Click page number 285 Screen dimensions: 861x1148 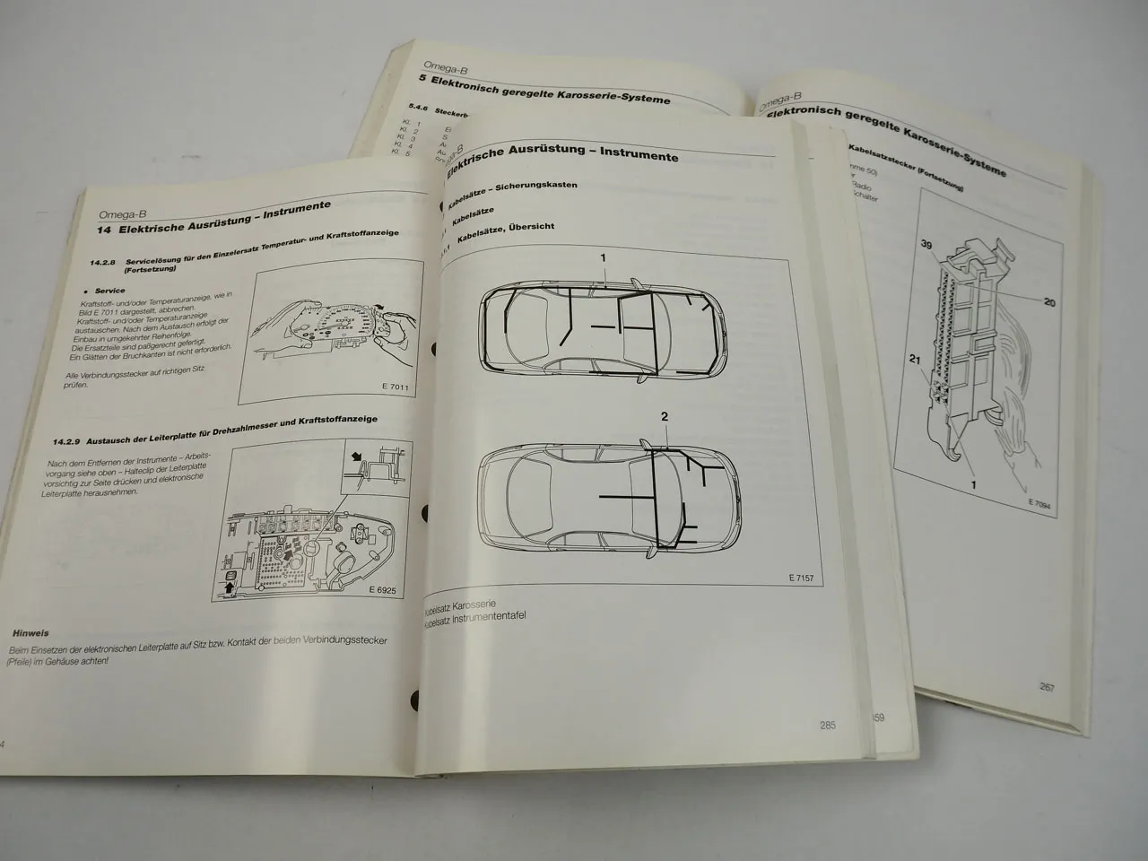tap(826, 725)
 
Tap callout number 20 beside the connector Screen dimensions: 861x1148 tap(1049, 303)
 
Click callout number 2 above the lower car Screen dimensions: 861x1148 tap(665, 416)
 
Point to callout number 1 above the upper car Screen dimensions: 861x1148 tap(604, 258)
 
